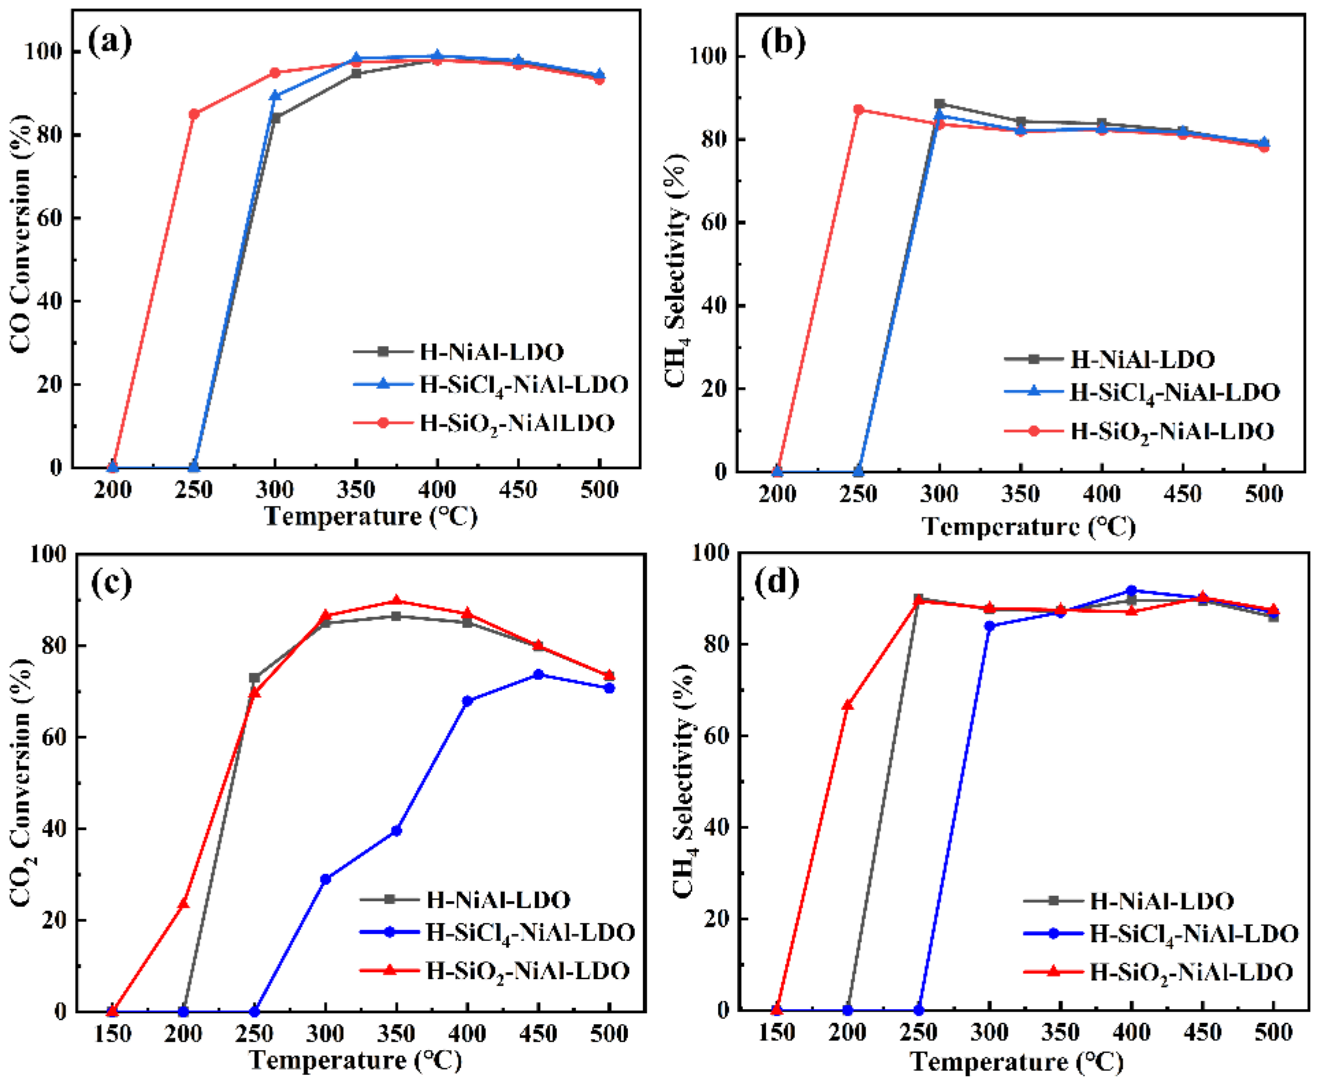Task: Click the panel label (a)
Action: coord(110,43)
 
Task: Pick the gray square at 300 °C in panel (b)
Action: coord(939,104)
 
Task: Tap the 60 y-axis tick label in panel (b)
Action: coord(714,222)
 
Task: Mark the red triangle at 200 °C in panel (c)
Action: coord(183,904)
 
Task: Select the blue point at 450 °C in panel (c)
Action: coord(538,674)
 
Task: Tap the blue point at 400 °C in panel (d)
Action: coord(1131,590)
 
